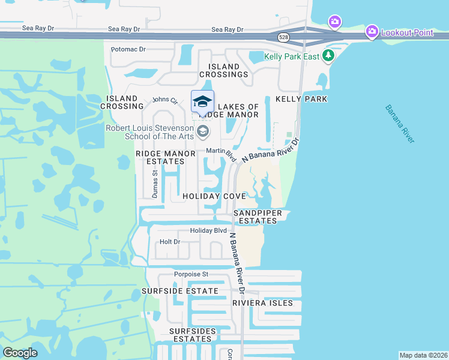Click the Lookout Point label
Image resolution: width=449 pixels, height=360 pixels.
point(407,32)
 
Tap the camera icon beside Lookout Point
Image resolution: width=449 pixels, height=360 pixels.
point(372,31)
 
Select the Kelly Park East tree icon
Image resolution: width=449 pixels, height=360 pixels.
point(328,56)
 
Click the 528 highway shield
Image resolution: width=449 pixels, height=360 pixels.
point(283,37)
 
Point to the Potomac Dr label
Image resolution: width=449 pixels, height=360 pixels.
point(128,49)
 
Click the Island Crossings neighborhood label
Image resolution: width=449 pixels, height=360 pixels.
point(228,70)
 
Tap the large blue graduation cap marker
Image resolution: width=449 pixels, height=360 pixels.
point(202,101)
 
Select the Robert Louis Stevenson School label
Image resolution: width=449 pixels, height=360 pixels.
point(150,132)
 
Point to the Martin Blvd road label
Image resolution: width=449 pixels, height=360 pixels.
point(221,154)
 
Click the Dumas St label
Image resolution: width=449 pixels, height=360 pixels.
point(155,184)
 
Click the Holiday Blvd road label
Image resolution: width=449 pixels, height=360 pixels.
point(208,230)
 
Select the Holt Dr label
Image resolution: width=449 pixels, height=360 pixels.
point(170,242)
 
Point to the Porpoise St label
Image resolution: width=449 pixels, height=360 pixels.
point(191,274)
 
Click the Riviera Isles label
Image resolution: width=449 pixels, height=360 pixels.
point(263,303)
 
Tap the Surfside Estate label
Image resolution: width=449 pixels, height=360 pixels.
point(180,291)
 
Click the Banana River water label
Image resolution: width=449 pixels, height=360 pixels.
point(400,124)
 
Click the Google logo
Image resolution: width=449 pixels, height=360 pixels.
point(20,353)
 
